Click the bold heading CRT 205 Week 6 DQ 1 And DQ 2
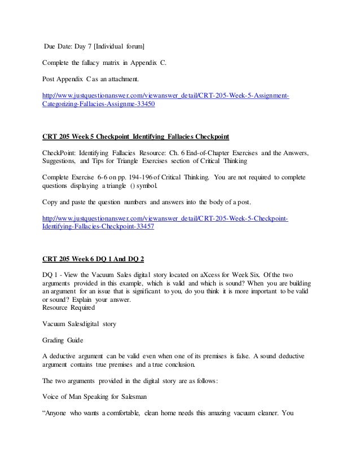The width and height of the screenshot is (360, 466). pos(94,259)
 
